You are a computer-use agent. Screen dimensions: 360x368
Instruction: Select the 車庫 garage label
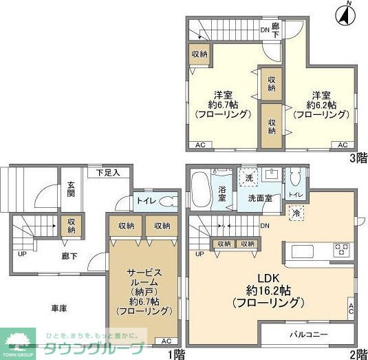58,309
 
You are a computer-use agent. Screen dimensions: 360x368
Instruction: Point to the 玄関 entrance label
72,189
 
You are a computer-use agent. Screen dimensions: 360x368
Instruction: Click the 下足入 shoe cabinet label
108,172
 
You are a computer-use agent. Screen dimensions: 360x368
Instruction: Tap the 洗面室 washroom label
260,198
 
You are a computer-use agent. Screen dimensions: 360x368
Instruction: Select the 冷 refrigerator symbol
294,214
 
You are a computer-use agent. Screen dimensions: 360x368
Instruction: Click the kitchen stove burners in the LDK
341,248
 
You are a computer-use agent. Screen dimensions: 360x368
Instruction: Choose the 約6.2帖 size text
321,105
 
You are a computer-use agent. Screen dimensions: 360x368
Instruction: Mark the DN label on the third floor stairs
265,30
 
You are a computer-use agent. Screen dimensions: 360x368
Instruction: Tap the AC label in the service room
166,341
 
